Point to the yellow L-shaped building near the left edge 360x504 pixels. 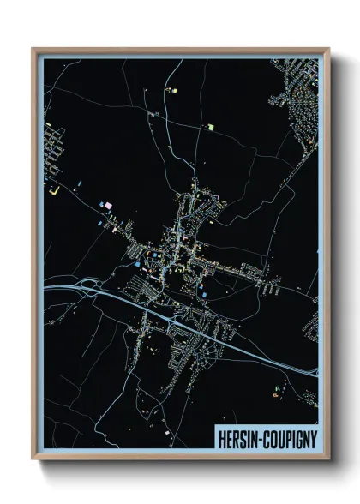point(53,189)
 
